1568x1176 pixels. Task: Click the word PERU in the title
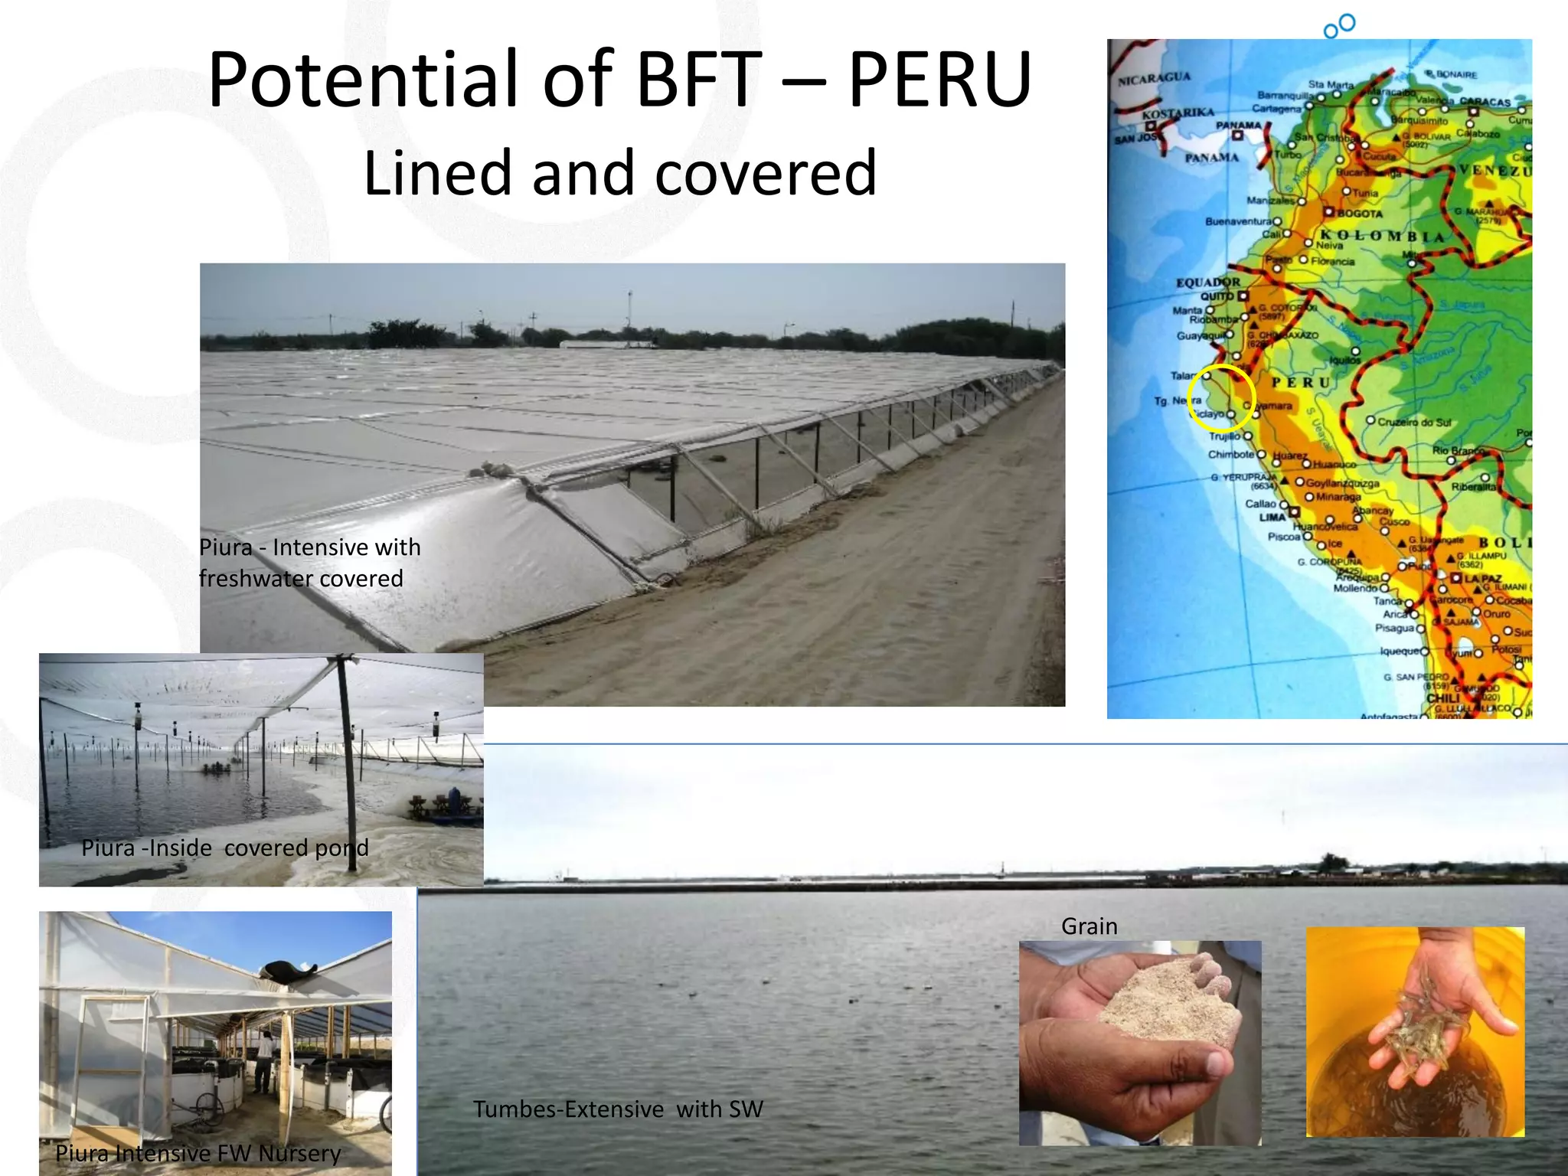(940, 80)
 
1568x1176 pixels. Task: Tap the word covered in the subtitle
(766, 173)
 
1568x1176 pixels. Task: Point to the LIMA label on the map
(1272, 518)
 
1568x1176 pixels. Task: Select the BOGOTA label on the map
(1360, 214)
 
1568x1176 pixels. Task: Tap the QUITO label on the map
(1217, 296)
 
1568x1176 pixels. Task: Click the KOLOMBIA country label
(1382, 235)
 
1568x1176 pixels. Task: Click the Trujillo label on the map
(1224, 436)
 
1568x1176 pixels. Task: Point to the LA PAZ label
(1482, 579)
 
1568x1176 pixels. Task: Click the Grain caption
(1089, 926)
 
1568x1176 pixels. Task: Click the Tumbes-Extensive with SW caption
(618, 1109)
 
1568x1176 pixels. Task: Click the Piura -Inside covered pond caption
(224, 848)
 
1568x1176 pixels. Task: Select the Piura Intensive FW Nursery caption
(198, 1153)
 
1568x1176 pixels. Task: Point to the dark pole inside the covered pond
(345, 766)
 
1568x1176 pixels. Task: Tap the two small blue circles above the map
(1340, 25)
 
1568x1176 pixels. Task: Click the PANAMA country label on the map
(1212, 158)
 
